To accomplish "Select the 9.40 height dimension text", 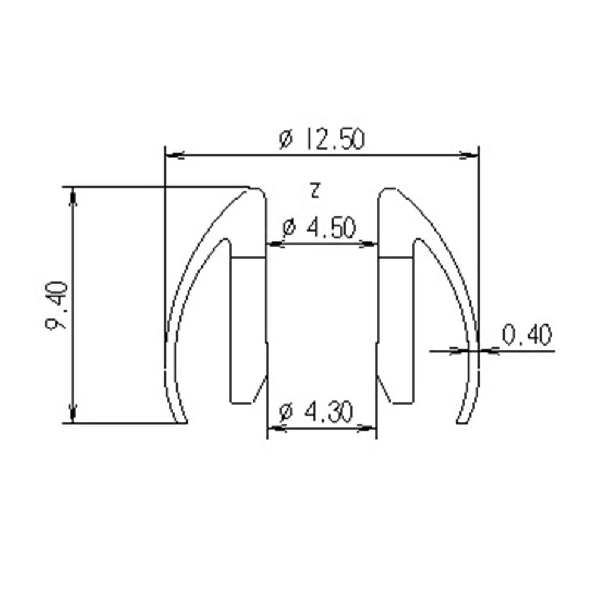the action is pos(57,306).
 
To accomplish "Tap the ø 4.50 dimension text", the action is pos(319,228).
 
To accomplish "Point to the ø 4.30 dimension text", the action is pos(316,412).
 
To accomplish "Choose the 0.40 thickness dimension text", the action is pos(527,335).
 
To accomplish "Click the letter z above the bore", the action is pos(315,191).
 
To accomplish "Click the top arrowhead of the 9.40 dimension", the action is pos(73,197).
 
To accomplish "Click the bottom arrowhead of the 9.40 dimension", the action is pos(73,413).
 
